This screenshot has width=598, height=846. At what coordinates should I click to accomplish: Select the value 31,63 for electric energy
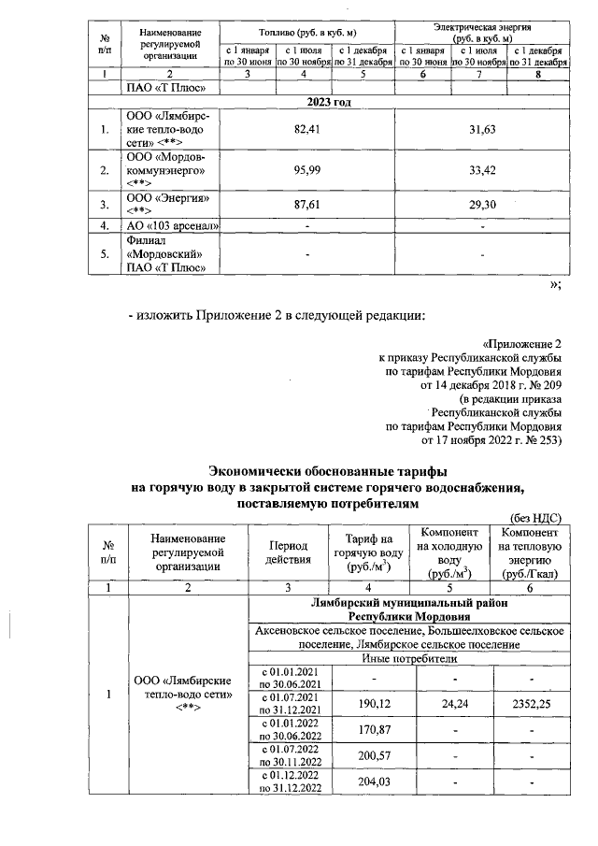(x=481, y=129)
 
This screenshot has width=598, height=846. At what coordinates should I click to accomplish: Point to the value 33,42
(x=481, y=170)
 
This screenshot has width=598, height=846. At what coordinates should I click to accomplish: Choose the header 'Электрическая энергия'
(x=481, y=28)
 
